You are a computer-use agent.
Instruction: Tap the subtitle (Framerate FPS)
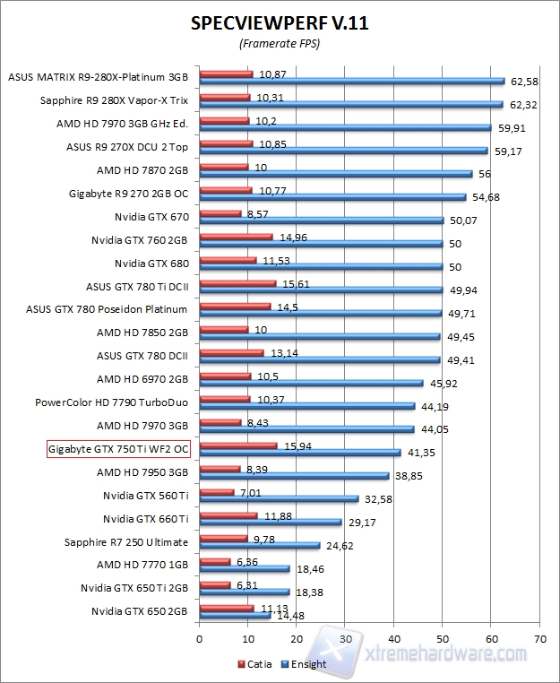(x=280, y=43)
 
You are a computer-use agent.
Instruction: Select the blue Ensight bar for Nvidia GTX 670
(x=322, y=220)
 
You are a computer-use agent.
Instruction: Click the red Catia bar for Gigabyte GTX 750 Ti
(x=238, y=445)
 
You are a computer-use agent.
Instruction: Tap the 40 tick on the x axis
(x=393, y=639)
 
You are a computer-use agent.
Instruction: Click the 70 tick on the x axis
(x=539, y=639)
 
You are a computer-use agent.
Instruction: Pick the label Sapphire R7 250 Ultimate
(x=126, y=541)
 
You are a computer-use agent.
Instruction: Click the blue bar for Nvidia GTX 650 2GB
(x=235, y=615)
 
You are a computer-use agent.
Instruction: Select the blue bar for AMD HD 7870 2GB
(x=336, y=173)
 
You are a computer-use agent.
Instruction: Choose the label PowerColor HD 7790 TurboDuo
(x=112, y=402)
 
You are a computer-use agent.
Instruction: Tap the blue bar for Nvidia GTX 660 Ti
(x=271, y=522)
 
